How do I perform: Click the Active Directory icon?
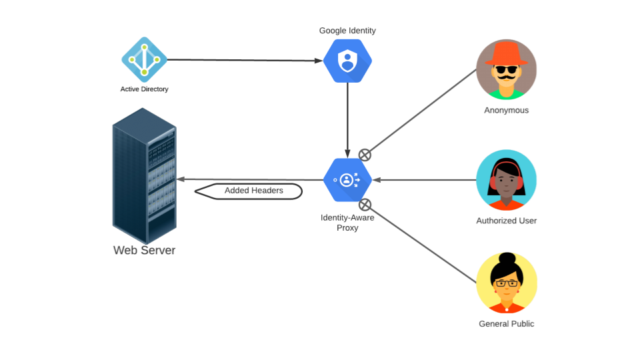(x=144, y=59)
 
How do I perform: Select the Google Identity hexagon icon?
(x=347, y=61)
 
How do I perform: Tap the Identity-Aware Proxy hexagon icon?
(x=347, y=179)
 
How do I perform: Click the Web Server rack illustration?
(x=144, y=176)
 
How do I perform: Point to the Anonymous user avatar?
(x=507, y=69)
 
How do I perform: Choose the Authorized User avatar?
(x=507, y=180)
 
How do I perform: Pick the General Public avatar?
(x=507, y=283)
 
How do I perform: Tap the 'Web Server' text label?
(x=144, y=251)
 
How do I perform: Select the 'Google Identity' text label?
(x=347, y=31)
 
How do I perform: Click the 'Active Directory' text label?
(x=144, y=89)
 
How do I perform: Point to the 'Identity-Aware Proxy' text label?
(x=347, y=223)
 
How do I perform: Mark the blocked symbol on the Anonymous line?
(x=365, y=155)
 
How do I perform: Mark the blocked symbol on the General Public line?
(x=365, y=204)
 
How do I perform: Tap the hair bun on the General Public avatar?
(x=507, y=259)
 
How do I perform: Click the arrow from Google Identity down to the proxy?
(x=347, y=120)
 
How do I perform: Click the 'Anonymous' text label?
(x=507, y=110)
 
